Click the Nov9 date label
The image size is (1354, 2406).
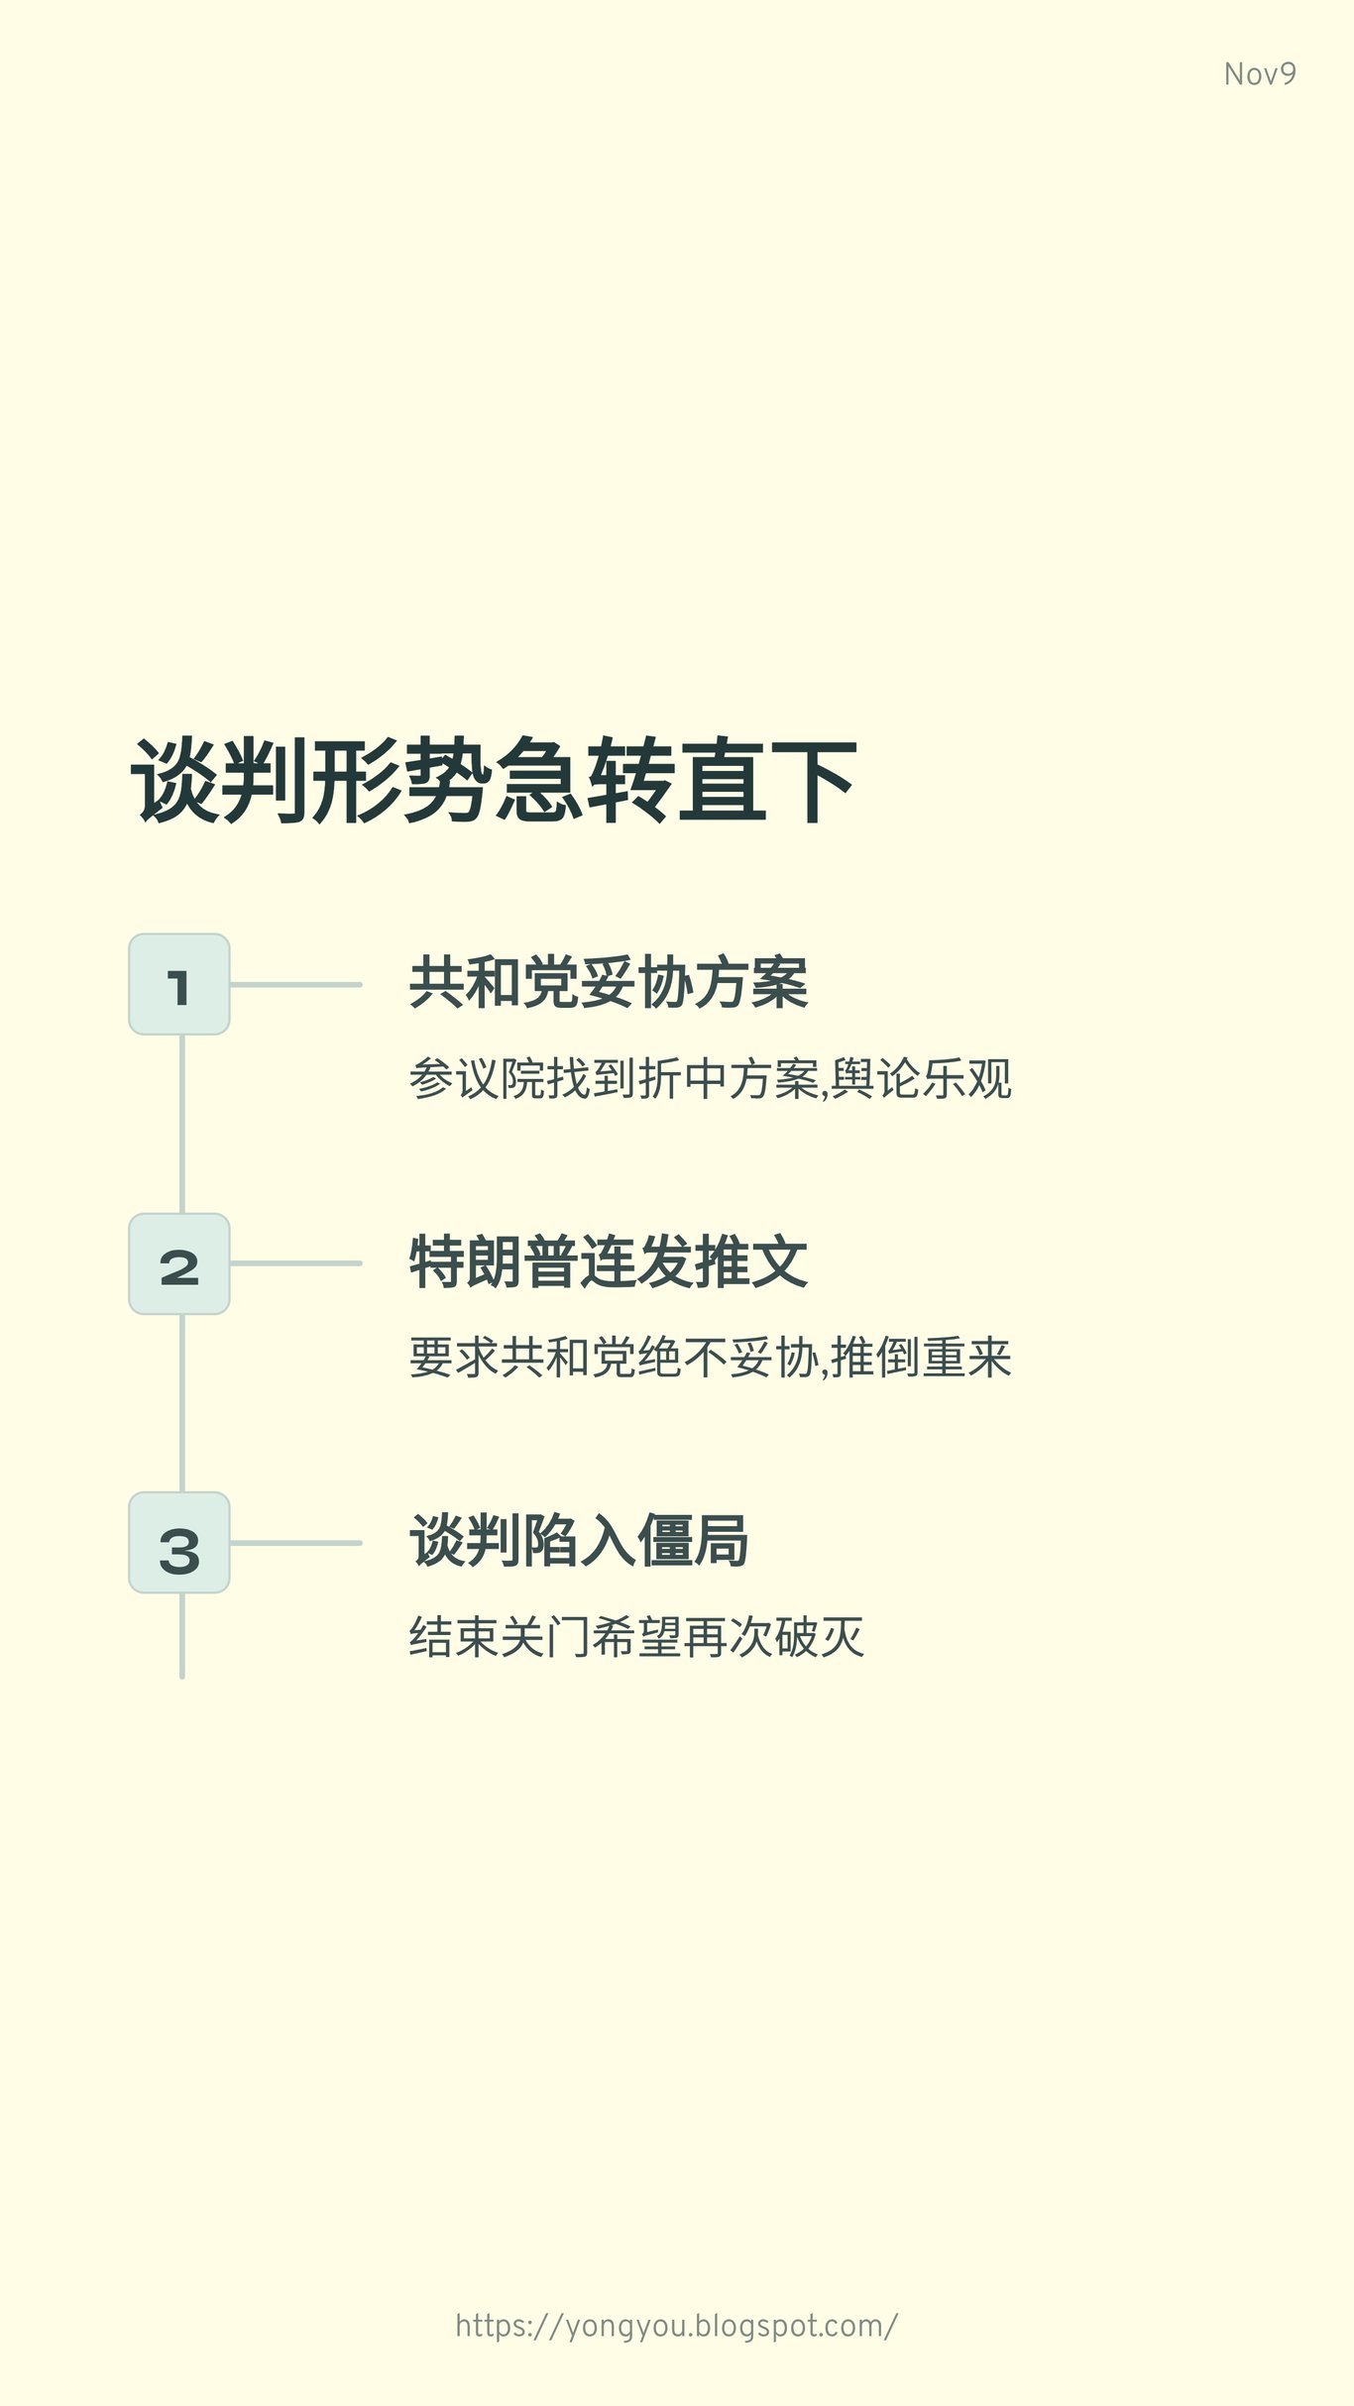tap(1260, 74)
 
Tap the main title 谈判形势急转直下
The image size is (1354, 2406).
tap(494, 781)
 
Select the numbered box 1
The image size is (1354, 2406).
tap(179, 984)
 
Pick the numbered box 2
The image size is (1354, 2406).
tap(179, 1263)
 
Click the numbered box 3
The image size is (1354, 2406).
tap(179, 1543)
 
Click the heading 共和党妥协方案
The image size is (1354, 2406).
tap(609, 983)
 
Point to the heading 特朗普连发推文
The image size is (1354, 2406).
tap(609, 1262)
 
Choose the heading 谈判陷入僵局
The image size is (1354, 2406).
tap(579, 1542)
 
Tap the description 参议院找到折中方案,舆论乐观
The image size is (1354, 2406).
tap(710, 1078)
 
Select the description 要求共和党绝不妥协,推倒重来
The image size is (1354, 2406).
tap(710, 1358)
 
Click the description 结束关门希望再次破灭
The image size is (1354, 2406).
tap(636, 1637)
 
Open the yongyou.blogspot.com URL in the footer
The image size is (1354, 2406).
tap(677, 2326)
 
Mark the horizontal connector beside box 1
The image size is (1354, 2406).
tap(295, 985)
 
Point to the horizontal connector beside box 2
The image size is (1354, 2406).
tap(295, 1263)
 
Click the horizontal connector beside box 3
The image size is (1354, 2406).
tap(295, 1543)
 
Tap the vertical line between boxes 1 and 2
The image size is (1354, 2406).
tap(182, 1124)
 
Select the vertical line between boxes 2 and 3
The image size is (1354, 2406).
tap(182, 1403)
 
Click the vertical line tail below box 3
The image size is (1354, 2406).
tap(182, 1635)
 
